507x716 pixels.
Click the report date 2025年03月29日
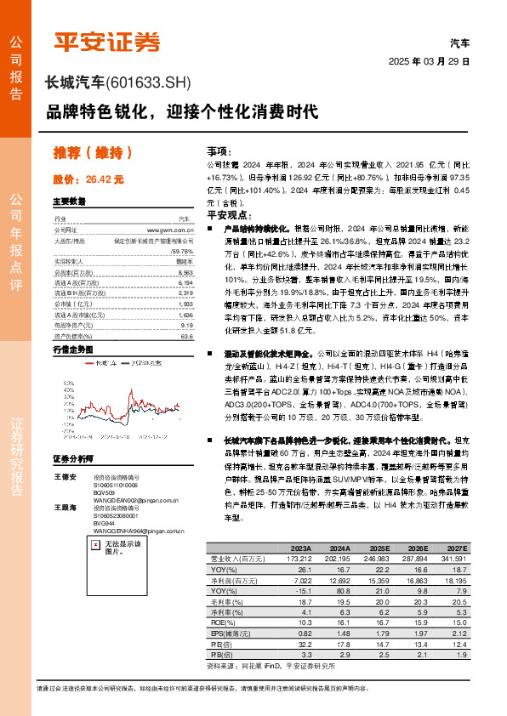click(x=428, y=62)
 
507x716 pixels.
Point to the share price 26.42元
click(x=105, y=180)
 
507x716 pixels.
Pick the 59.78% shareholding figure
click(x=181, y=252)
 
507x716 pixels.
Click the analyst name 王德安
click(x=66, y=478)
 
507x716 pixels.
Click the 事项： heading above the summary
click(x=219, y=150)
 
